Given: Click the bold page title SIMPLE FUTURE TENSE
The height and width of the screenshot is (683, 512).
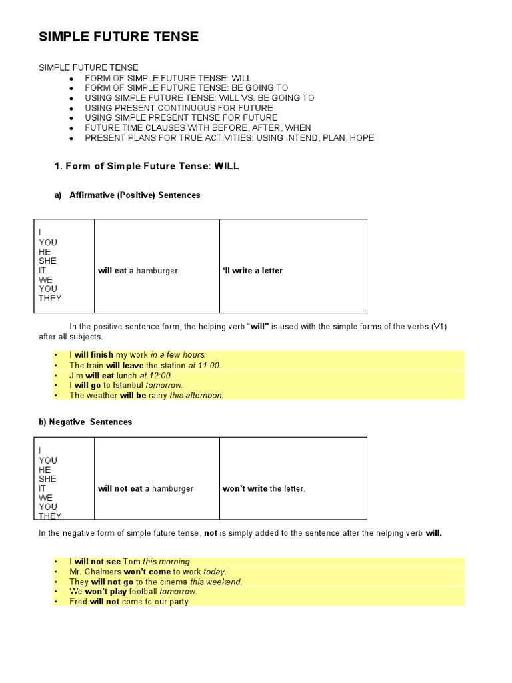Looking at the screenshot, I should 119,37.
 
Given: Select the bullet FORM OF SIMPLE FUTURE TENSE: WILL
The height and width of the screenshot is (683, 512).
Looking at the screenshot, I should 168,77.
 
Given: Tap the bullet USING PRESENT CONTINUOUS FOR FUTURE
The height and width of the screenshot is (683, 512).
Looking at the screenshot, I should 179,107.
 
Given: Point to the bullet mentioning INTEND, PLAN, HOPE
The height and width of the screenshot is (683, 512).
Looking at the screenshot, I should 229,138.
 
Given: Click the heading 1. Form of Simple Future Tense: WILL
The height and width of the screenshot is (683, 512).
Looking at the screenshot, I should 146,167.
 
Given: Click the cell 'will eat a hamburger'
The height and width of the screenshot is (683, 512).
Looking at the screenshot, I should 138,271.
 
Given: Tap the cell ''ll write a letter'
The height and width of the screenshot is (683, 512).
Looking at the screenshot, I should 253,271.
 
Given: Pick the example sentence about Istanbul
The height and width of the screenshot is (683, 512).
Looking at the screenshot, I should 126,385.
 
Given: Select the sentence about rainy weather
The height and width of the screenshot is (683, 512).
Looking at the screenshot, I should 146,395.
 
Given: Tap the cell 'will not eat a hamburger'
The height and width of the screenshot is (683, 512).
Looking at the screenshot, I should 145,489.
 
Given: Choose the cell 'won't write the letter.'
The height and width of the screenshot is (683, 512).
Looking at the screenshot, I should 264,489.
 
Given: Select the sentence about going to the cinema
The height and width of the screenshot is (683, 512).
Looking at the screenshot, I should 155,582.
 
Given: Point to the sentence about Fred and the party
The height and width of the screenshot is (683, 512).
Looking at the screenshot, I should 129,602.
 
